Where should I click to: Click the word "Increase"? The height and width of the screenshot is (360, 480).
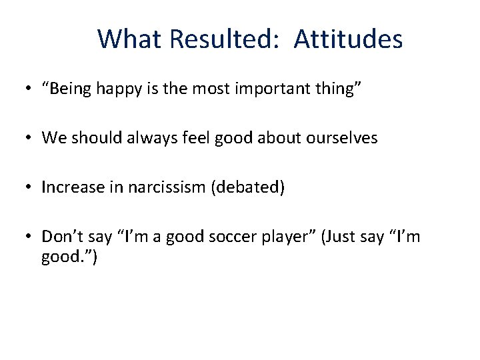click(x=69, y=187)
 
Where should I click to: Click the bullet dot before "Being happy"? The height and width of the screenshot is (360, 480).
click(x=31, y=89)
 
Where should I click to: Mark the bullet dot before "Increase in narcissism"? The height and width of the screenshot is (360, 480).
click(x=31, y=188)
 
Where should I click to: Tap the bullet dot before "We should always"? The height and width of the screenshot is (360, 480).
click(x=31, y=139)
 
